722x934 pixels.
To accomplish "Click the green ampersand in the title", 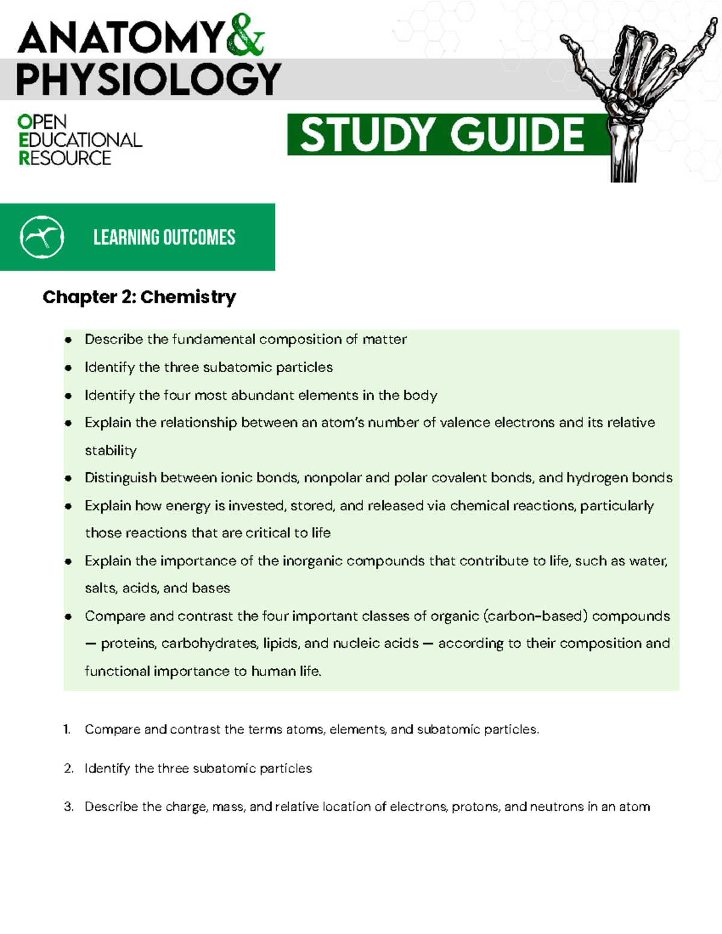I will pyautogui.click(x=245, y=36).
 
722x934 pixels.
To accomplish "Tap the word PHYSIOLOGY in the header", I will pyautogui.click(x=148, y=79).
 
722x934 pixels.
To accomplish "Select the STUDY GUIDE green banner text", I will pyautogui.click(x=442, y=135).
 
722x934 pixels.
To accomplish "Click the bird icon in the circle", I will pyautogui.click(x=42, y=237).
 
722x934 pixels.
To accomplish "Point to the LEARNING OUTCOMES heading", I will pyautogui.click(x=164, y=238).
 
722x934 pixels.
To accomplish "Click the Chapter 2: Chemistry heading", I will pyautogui.click(x=139, y=297).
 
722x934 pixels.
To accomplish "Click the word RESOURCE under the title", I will pyautogui.click(x=65, y=158).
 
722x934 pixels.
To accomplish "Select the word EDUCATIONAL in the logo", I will pyautogui.click(x=81, y=140).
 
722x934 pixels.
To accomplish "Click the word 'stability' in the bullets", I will pyautogui.click(x=111, y=450).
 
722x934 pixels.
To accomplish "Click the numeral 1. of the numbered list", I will pyautogui.click(x=67, y=730).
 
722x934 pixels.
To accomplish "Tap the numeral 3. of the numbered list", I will pyautogui.click(x=68, y=807).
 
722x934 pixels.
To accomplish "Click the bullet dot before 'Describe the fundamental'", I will pyautogui.click(x=69, y=340).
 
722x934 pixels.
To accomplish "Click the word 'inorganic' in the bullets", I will pyautogui.click(x=312, y=561).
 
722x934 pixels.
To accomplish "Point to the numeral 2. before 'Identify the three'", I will pyautogui.click(x=68, y=769).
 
